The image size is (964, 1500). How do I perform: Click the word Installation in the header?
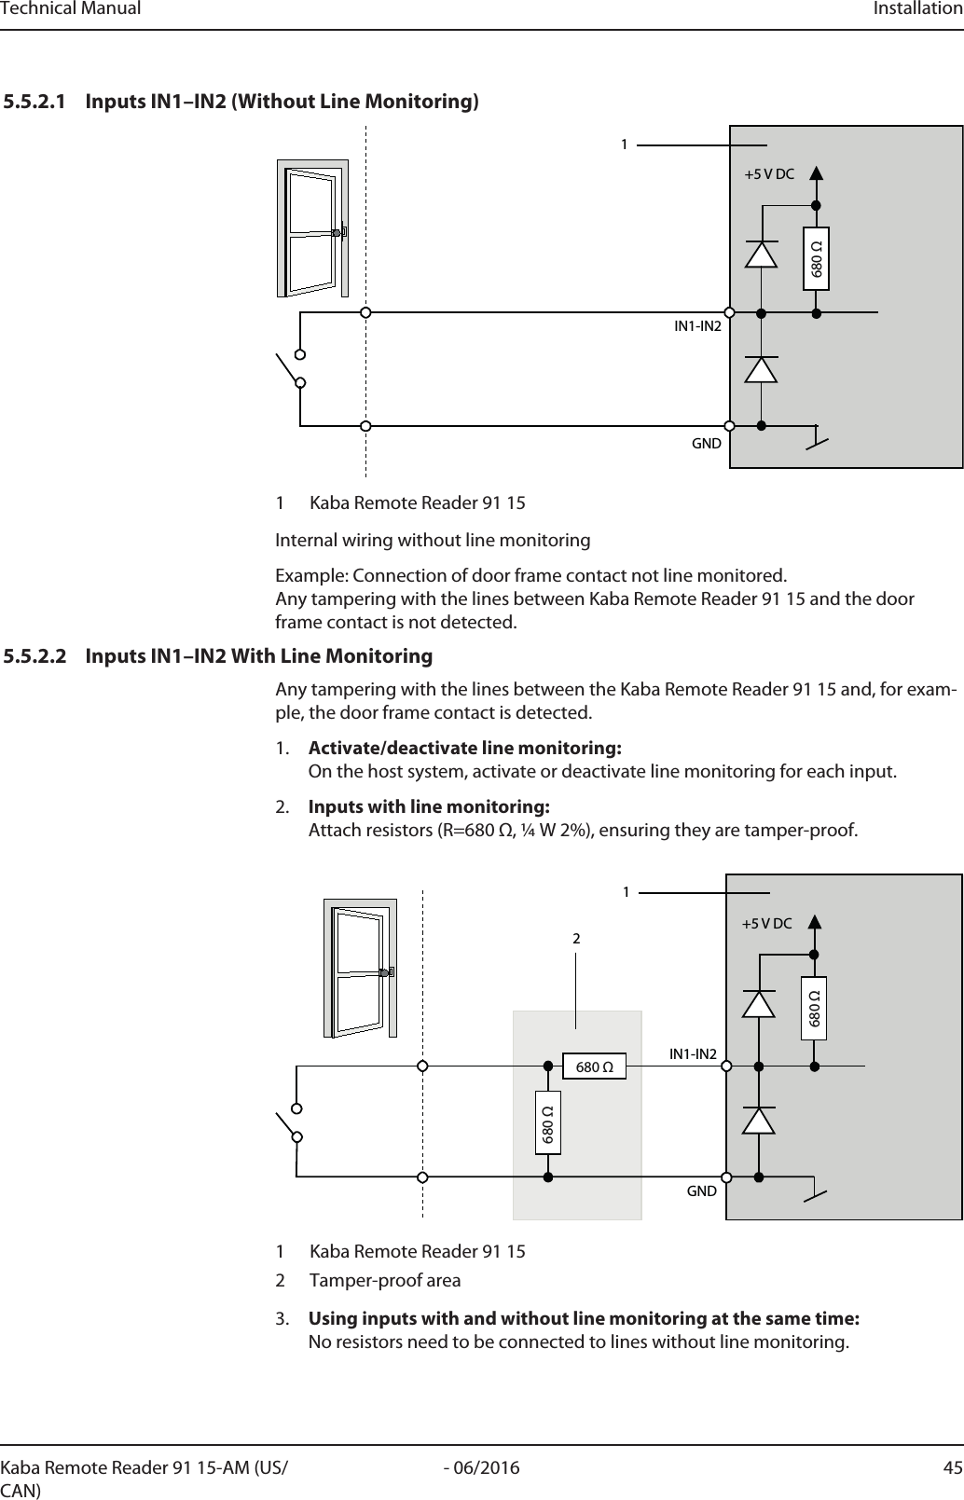coord(917,9)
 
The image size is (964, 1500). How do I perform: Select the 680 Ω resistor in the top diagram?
coord(817,259)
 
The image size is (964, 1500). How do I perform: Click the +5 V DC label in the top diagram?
coord(768,174)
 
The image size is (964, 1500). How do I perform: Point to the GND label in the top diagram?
coord(706,443)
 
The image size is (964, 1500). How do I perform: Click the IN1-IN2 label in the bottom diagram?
coord(693,1054)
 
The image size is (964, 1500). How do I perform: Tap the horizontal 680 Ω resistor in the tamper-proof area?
coord(594,1066)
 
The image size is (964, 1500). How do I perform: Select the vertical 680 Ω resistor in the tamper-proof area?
coord(548,1122)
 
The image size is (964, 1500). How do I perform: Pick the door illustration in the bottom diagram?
coord(360,967)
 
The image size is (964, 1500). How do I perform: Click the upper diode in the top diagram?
coord(762,255)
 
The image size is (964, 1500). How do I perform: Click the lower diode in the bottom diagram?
coord(758,1120)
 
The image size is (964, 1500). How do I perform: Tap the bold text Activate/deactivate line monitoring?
coord(465,749)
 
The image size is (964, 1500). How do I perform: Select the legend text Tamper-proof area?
coord(384,1280)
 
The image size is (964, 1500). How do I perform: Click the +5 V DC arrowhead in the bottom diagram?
coord(814,923)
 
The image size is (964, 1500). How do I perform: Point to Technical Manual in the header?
coord(71,9)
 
